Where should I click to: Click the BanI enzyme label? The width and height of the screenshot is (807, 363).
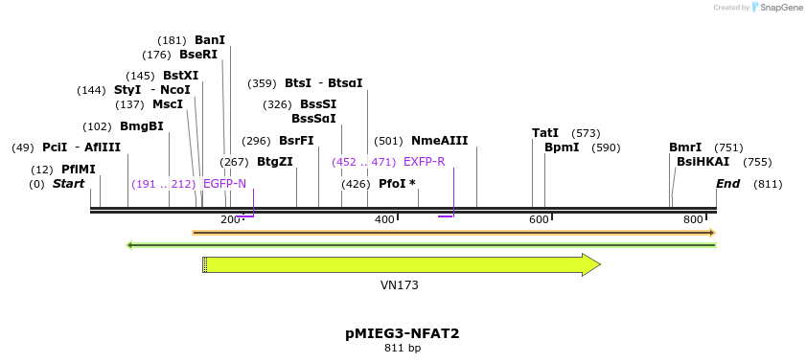click(x=209, y=40)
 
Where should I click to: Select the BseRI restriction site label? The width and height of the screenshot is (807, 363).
click(x=198, y=55)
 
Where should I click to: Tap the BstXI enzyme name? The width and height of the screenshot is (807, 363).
click(x=180, y=76)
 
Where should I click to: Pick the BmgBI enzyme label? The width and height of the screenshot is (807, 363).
click(x=142, y=126)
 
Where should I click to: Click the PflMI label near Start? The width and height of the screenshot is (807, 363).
click(x=79, y=170)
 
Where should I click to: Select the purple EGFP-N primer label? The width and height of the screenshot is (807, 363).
click(x=224, y=184)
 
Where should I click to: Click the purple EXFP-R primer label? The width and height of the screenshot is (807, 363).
click(x=424, y=162)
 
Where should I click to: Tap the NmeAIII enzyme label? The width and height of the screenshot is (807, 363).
click(x=439, y=141)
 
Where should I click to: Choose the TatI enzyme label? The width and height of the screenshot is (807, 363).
click(x=545, y=133)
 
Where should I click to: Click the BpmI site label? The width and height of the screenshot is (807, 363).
click(x=562, y=147)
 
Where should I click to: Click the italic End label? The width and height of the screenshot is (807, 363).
click(x=727, y=184)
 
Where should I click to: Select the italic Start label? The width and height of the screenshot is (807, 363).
click(x=68, y=184)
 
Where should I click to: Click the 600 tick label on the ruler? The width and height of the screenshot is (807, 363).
click(x=539, y=220)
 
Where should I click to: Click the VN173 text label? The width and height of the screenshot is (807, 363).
click(x=400, y=285)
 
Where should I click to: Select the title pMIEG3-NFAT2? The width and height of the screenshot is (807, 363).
click(x=403, y=333)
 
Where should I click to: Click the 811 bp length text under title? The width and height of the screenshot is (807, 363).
click(x=403, y=349)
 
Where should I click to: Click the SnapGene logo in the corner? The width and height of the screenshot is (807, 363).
click(x=777, y=8)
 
